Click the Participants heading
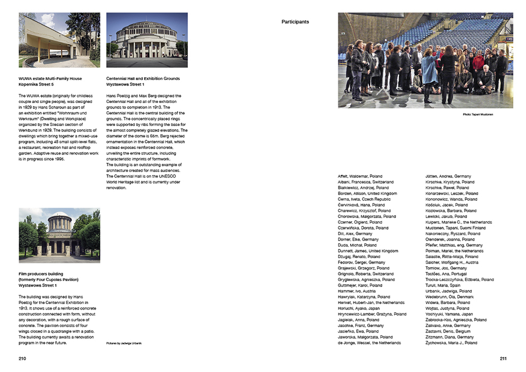pos(295,22)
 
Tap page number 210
pos(22,358)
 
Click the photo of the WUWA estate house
pos(59,36)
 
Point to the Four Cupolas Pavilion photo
pos(59,235)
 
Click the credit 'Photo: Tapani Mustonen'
pos(478,115)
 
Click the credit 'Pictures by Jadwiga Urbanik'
pos(124,343)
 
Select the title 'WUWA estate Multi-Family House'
pos(50,78)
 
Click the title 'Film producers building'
pos(41,274)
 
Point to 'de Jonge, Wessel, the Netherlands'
pos(369,343)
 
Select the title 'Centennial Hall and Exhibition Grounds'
pos(142,78)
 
